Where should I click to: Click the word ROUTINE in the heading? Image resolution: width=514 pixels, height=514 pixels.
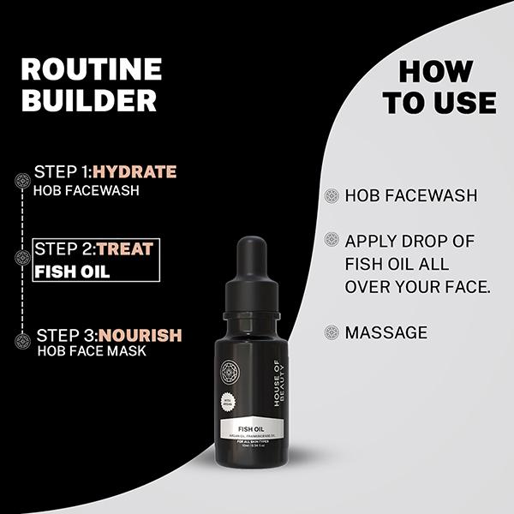pyautogui.click(x=91, y=69)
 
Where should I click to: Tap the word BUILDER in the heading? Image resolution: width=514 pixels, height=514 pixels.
pyautogui.click(x=88, y=100)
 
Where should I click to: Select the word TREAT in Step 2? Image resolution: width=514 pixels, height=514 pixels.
pyautogui.click(x=125, y=249)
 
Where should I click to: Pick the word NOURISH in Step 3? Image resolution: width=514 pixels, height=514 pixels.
pyautogui.click(x=139, y=335)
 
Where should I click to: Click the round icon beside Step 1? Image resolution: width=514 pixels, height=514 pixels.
pyautogui.click(x=23, y=180)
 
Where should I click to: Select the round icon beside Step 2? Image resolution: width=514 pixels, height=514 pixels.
pyautogui.click(x=23, y=257)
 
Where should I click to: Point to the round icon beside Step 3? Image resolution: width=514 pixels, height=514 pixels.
pyautogui.click(x=23, y=341)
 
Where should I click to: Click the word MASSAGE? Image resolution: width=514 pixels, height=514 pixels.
pyautogui.click(x=385, y=332)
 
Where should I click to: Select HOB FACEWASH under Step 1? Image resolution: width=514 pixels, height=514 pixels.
pyautogui.click(x=86, y=189)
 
